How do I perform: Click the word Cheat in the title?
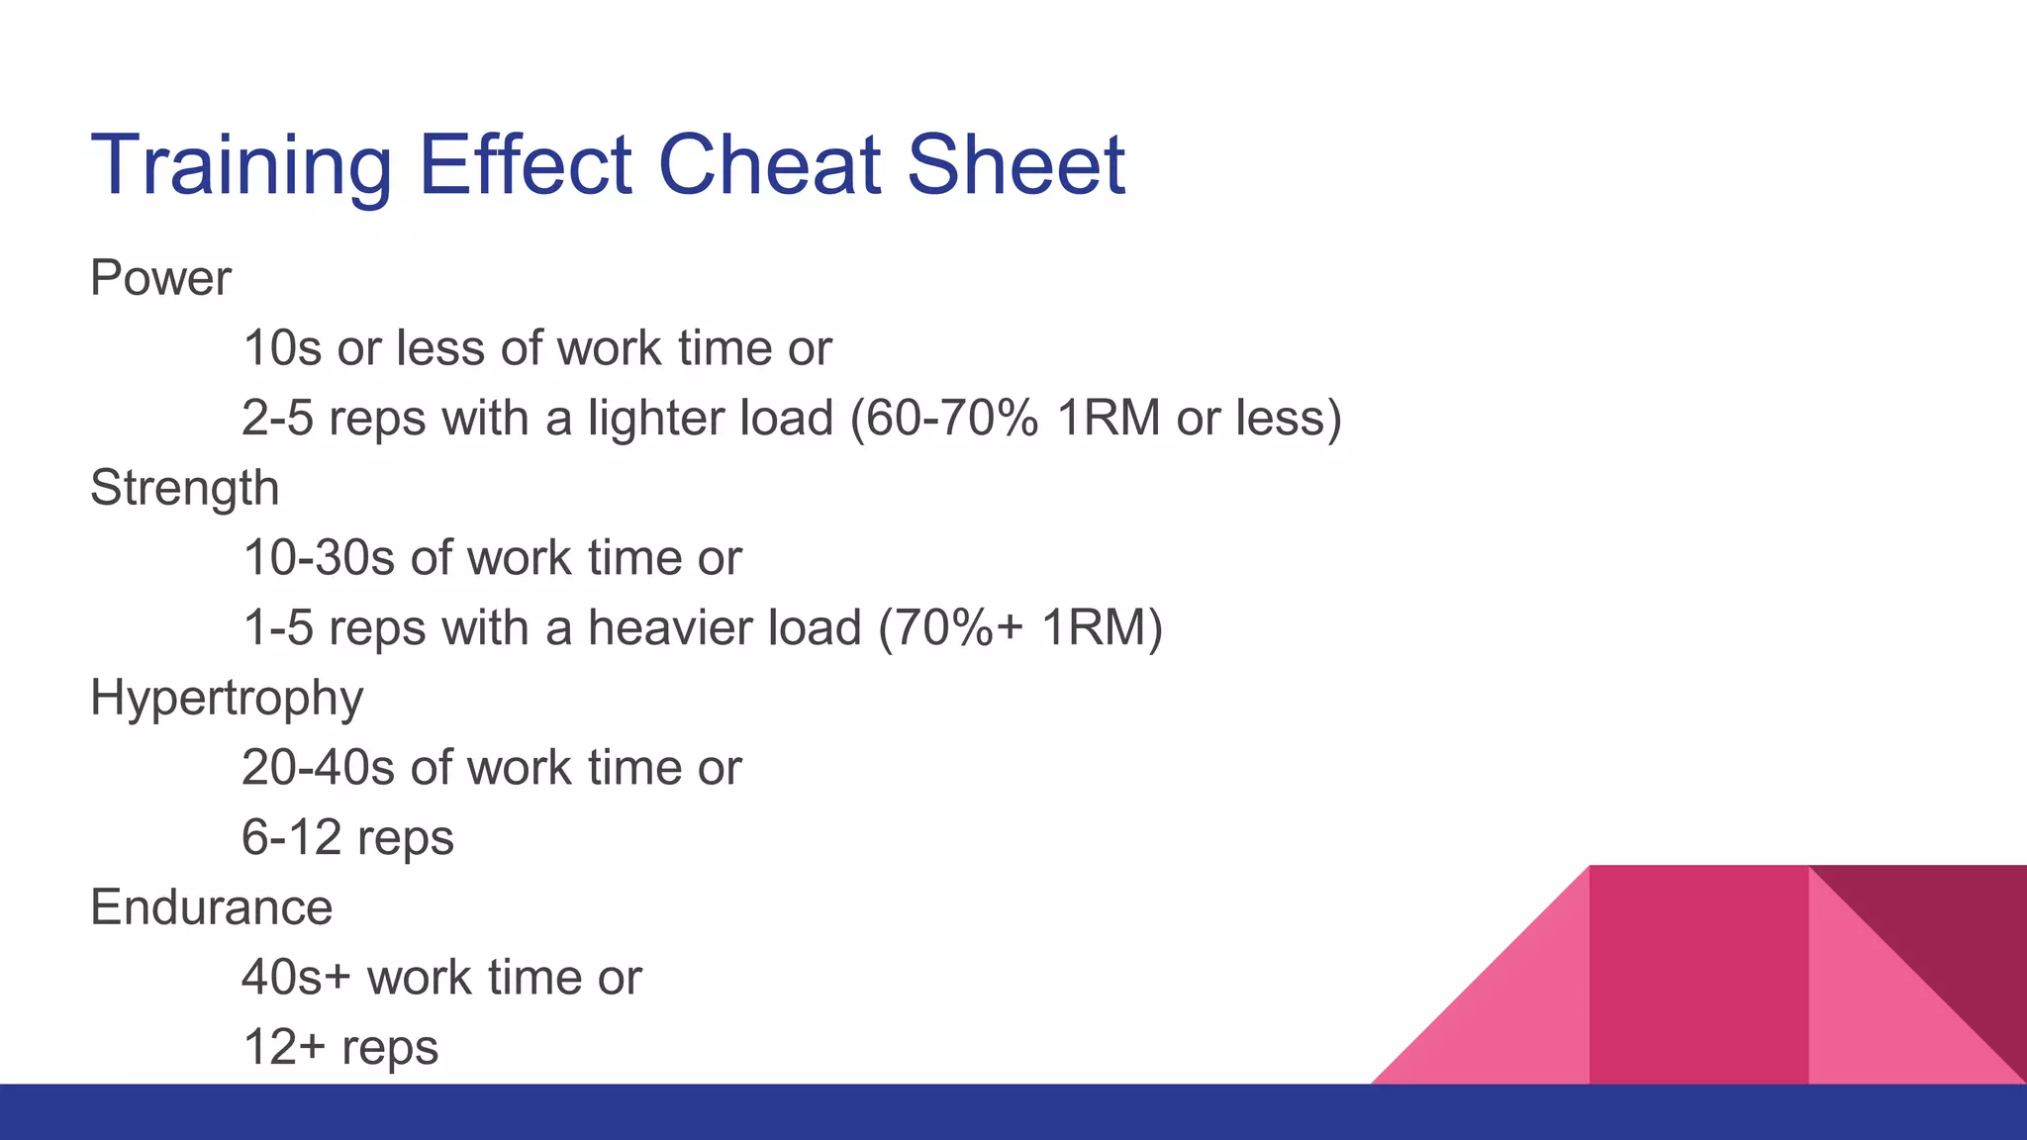(x=769, y=164)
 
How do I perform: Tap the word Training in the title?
(x=241, y=166)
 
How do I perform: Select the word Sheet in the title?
(x=1015, y=164)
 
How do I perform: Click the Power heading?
(x=160, y=278)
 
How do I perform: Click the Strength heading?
(x=184, y=489)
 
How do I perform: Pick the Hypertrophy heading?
(x=227, y=699)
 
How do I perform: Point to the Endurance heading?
(x=211, y=907)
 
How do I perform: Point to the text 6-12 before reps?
(x=291, y=838)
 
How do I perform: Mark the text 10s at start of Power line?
(x=281, y=348)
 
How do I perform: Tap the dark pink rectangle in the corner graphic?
(x=1698, y=975)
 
